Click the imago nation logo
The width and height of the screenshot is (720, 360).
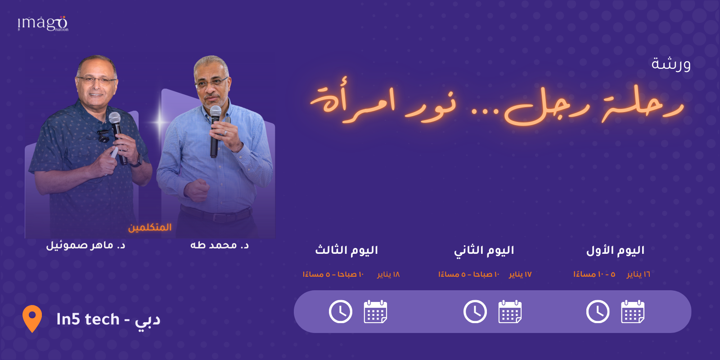click(x=43, y=23)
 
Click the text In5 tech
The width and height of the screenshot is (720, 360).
click(x=88, y=319)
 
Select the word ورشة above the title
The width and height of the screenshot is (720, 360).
click(x=670, y=64)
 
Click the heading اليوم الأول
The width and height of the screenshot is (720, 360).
click(x=615, y=250)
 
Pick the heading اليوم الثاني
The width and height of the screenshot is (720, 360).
click(x=484, y=250)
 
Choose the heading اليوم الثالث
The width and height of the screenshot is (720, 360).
click(x=346, y=250)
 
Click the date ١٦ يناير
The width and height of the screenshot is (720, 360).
click(x=638, y=274)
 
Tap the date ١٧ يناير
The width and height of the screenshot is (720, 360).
click(x=520, y=274)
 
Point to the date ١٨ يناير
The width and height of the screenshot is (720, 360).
click(x=388, y=274)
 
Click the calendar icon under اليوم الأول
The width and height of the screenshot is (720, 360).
click(x=632, y=311)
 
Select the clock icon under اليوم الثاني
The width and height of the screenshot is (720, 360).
click(x=475, y=311)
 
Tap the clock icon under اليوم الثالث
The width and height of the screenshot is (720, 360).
click(x=341, y=311)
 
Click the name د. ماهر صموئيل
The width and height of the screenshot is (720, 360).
click(x=85, y=245)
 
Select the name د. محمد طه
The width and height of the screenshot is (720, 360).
click(x=219, y=245)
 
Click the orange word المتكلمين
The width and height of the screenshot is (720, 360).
click(x=150, y=227)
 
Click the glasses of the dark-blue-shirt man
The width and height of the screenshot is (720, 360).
click(x=96, y=81)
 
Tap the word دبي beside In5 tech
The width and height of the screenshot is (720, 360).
click(x=148, y=320)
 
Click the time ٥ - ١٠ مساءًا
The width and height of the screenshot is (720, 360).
click(x=594, y=274)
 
